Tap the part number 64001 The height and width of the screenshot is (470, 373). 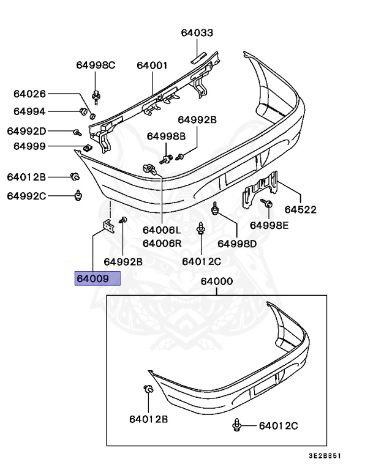[x=152, y=65]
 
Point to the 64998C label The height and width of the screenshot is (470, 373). [x=96, y=65]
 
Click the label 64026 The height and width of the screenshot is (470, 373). [x=29, y=94]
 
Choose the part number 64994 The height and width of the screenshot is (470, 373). [x=29, y=111]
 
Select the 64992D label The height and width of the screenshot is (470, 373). [x=27, y=131]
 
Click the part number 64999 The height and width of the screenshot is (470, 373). [x=29, y=146]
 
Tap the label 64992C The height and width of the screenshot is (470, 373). [x=27, y=196]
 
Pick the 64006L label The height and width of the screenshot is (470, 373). [x=162, y=230]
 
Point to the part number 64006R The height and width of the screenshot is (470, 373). [x=162, y=243]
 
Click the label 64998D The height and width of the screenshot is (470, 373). [x=238, y=243]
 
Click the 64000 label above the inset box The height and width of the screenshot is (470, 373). [x=216, y=282]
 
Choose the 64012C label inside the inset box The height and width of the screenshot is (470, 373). [x=278, y=425]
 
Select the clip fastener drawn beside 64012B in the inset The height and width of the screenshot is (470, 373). [x=148, y=390]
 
